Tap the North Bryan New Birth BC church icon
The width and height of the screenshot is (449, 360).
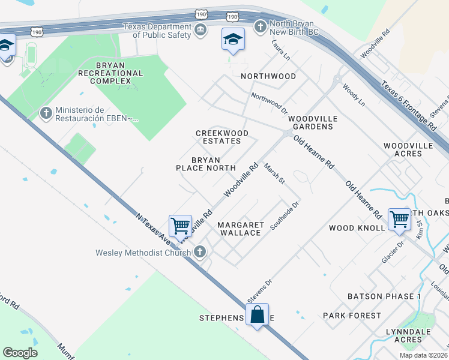(260, 26)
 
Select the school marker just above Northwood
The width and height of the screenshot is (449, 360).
(233, 40)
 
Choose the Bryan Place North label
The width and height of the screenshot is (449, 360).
(205, 164)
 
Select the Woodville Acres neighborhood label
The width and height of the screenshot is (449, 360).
(408, 150)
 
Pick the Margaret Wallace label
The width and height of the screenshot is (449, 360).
(240, 229)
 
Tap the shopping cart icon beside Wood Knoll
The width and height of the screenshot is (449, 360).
(399, 219)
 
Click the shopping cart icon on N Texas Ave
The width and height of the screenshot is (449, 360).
(180, 226)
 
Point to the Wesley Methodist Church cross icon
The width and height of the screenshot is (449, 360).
(201, 252)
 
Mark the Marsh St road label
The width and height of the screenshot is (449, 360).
(274, 173)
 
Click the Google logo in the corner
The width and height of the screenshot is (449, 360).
(20, 352)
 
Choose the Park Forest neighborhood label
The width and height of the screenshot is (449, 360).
(352, 316)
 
